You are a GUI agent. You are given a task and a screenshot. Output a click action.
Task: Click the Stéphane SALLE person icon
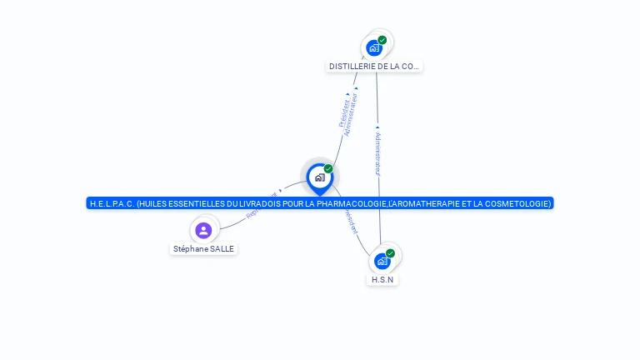pos(203,230)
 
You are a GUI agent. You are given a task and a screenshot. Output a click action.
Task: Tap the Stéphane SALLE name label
pos(203,249)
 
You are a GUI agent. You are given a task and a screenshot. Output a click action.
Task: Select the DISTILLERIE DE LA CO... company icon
pos(374,47)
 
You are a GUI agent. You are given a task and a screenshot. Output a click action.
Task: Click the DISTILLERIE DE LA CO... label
pos(375,66)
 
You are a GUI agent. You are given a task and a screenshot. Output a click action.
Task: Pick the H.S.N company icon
pos(382,261)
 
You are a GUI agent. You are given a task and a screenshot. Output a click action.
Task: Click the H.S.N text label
pos(382,280)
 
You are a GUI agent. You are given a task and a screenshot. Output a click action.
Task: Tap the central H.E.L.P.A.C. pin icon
pos(319,177)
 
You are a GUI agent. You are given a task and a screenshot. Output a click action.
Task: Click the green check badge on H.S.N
pos(390,253)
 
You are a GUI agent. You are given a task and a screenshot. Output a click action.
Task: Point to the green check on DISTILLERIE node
pos(382,40)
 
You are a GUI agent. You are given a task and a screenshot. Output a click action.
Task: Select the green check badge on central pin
pos(328,169)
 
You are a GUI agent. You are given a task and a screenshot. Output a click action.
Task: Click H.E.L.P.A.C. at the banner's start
pos(112,203)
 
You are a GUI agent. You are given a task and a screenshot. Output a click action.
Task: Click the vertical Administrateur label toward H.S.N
pos(377,152)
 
